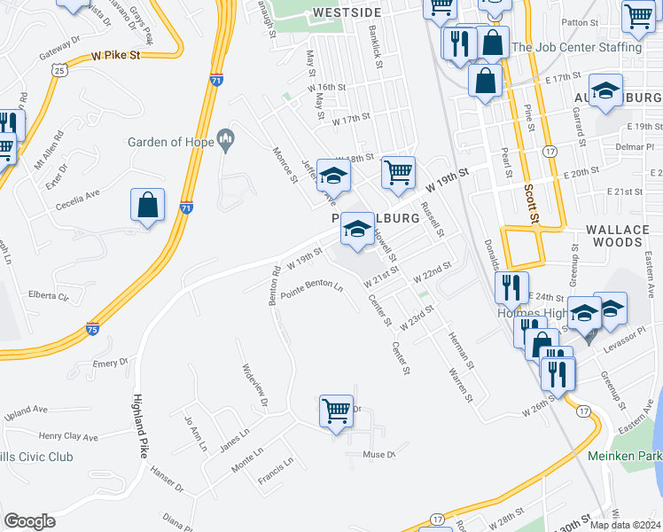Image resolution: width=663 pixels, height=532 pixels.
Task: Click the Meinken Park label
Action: [x=624, y=456]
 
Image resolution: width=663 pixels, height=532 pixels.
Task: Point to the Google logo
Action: [x=29, y=521]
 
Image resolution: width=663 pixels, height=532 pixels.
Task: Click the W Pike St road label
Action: [x=116, y=55]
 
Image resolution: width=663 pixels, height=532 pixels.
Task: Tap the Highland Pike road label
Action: [x=140, y=426]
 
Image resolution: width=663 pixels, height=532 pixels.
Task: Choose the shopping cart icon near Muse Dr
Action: [x=336, y=411]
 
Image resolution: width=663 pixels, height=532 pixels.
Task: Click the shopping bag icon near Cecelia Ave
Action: [x=147, y=205]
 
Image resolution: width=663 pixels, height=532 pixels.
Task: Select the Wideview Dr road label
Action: [x=255, y=383]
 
